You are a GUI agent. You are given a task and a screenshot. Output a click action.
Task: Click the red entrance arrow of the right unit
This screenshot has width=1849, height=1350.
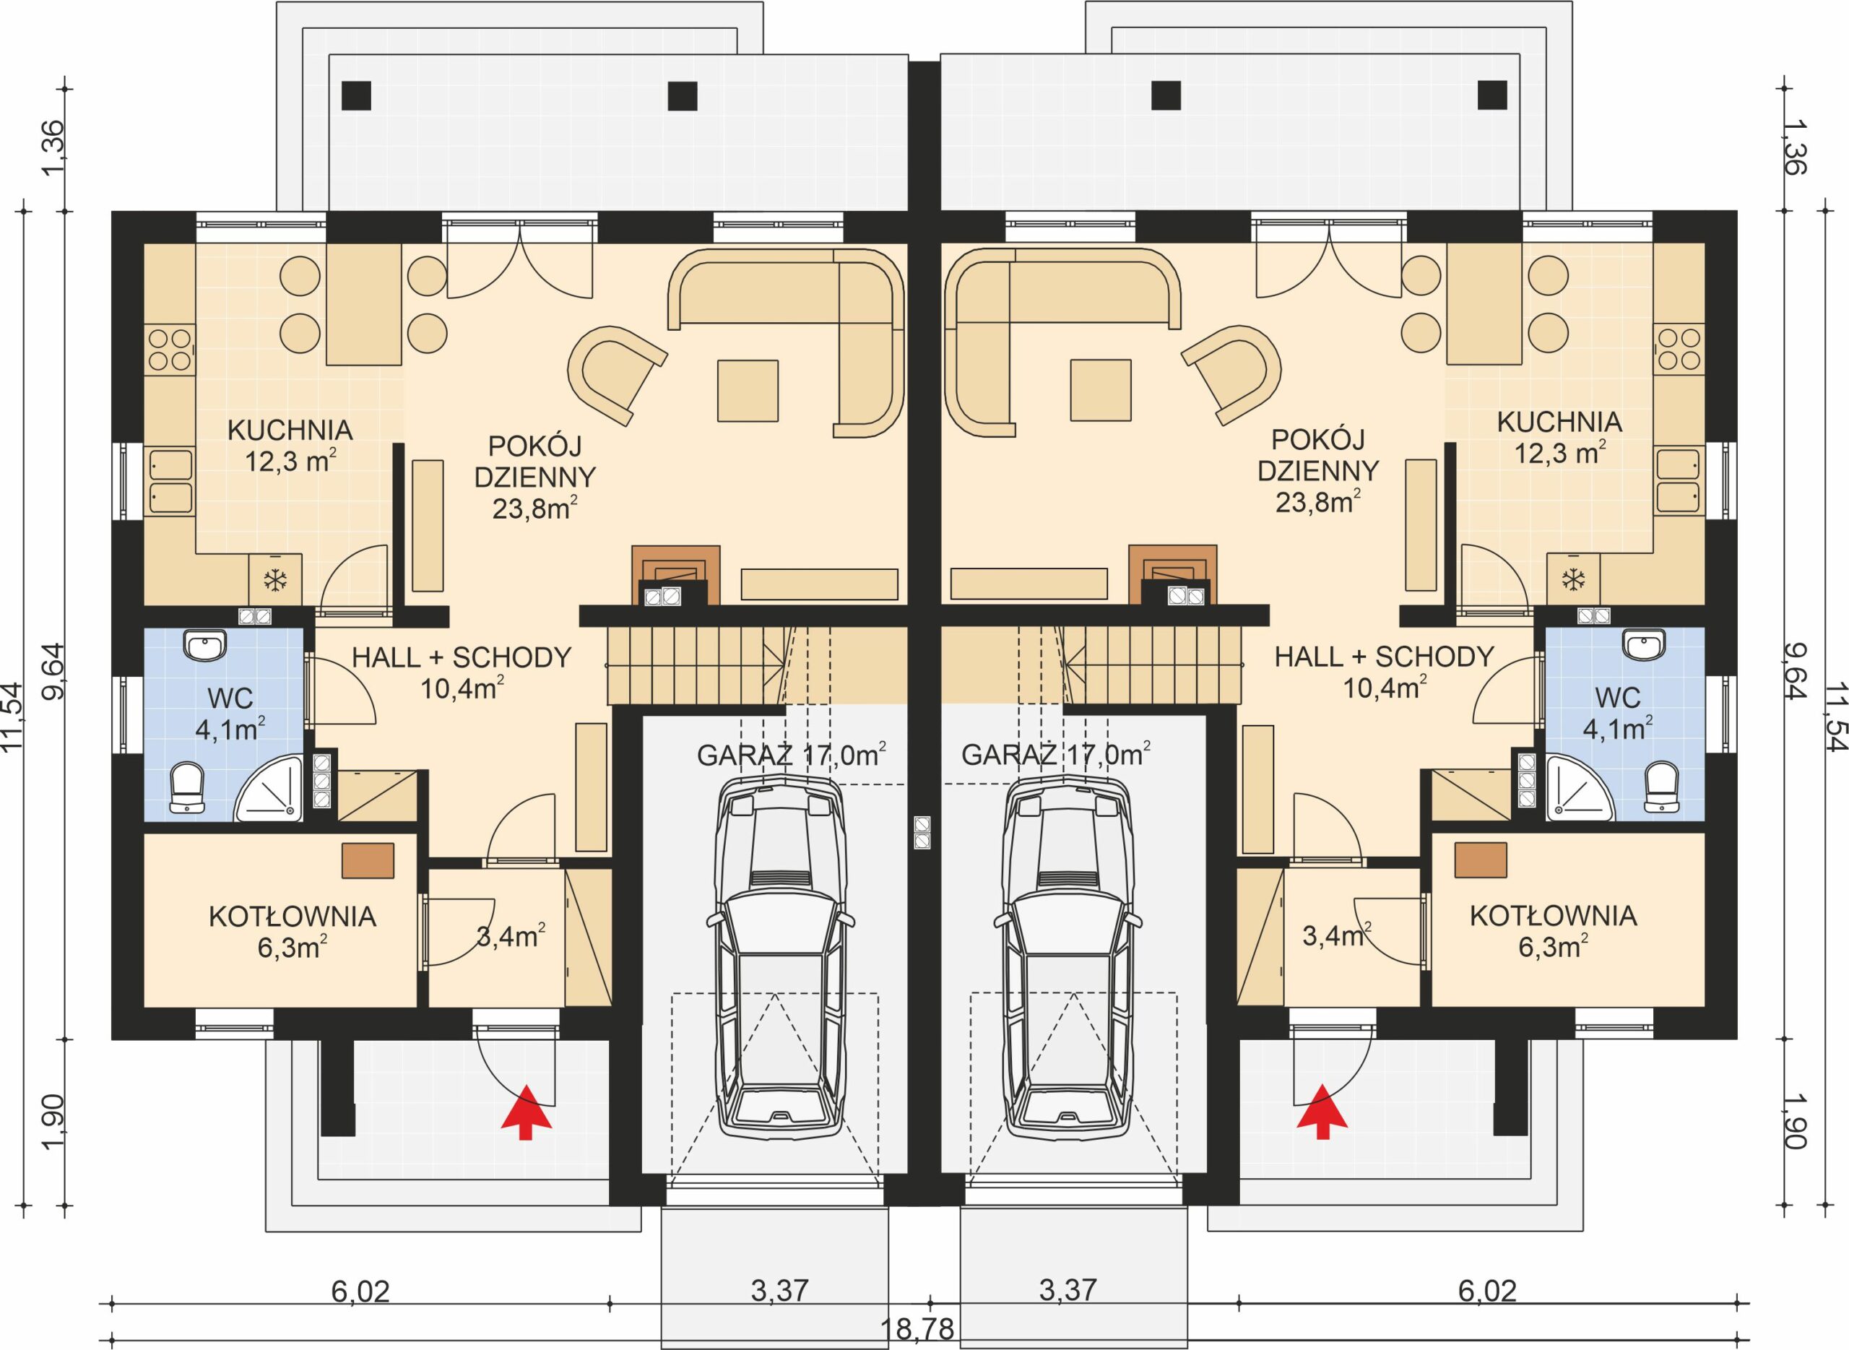point(1322,1112)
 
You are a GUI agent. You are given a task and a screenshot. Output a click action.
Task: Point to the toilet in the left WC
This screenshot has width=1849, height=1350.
point(188,788)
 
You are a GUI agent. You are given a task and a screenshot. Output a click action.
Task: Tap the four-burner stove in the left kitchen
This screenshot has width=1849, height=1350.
point(170,350)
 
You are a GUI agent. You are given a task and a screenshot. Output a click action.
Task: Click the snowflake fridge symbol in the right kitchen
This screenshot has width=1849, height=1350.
point(1573,581)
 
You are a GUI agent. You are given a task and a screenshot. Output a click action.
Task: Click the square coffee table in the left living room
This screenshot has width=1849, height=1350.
point(748,391)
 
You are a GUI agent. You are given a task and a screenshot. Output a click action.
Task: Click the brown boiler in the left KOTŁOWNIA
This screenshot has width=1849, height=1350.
point(368,860)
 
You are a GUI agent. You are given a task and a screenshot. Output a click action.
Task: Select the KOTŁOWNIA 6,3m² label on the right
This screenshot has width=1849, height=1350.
point(1552,931)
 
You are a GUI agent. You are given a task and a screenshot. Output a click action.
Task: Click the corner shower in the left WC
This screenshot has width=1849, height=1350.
point(269,789)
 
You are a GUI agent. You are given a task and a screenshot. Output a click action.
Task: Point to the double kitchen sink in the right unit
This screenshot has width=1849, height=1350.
point(1679,480)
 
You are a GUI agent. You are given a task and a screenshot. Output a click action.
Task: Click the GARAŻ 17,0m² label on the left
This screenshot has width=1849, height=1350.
point(791,755)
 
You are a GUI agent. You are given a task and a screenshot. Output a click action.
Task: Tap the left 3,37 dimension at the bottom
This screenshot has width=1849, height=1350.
point(779,1291)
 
